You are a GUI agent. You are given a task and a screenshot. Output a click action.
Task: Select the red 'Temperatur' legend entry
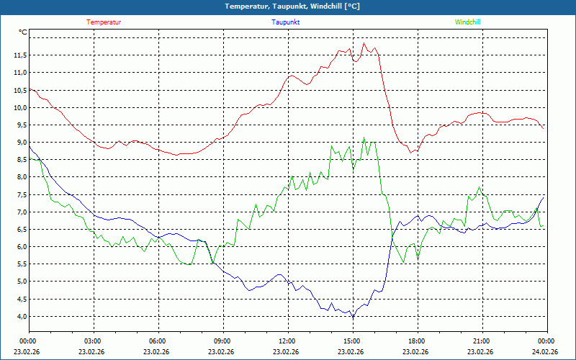(x=104, y=22)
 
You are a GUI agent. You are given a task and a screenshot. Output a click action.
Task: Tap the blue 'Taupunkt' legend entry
(x=285, y=22)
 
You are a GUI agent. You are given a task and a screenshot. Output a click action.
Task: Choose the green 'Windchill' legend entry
(x=467, y=22)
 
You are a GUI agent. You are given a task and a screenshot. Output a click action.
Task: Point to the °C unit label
(x=23, y=32)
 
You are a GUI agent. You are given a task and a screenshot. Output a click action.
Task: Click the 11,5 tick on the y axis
(x=19, y=55)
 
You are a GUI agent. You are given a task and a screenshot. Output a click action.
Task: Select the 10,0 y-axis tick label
(x=19, y=107)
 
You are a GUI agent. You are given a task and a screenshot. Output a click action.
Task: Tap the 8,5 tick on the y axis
(x=19, y=160)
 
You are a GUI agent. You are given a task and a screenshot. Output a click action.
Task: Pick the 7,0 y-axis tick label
(x=19, y=212)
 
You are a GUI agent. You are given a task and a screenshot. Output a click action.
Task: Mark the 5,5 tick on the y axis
(x=19, y=264)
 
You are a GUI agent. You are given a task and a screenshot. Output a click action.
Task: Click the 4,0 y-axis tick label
(x=19, y=316)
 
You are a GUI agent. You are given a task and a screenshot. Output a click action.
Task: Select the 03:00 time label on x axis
(x=93, y=341)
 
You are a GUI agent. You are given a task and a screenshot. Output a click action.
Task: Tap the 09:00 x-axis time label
(x=222, y=341)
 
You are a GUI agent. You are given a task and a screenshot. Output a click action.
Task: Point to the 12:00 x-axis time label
(x=287, y=341)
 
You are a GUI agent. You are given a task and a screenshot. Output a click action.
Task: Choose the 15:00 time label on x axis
(x=351, y=341)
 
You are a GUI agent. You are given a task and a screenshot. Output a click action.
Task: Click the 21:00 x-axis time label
(x=481, y=341)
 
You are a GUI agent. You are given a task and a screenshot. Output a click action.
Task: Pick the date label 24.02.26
(x=546, y=351)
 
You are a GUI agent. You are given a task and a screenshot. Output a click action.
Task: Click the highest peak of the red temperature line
(x=364, y=43)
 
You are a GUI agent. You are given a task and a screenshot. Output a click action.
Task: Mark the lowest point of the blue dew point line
(x=353, y=318)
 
